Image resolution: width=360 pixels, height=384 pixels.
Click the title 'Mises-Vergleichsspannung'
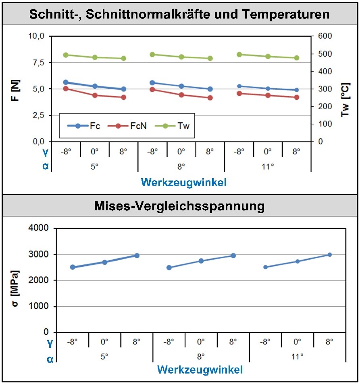pos(179,206)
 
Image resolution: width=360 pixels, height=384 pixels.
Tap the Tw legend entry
pos(174,126)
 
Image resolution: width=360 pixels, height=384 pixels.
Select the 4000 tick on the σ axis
pos(40,228)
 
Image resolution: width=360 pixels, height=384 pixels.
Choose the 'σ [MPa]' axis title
pos(15,280)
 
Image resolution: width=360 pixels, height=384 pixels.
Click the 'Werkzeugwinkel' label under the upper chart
pos(183,183)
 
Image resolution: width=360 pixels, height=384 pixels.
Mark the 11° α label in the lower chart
pos(297,357)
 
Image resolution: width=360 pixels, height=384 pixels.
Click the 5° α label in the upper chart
pos(95,166)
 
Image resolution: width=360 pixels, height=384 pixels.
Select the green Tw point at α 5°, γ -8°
pos(66,55)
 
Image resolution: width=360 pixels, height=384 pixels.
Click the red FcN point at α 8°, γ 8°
pos(210,98)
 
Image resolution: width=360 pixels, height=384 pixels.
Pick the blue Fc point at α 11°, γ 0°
pos(268,89)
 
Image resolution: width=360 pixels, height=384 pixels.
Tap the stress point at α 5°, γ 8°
pos(137,255)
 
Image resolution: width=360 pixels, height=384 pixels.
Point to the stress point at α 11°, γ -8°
pos(265,267)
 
